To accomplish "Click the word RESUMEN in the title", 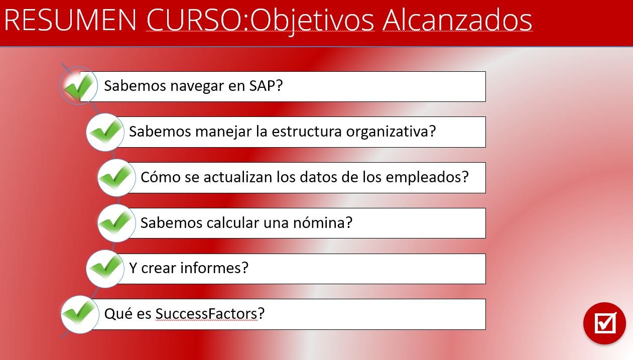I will [x=70, y=21].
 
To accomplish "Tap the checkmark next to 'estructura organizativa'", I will [x=105, y=132].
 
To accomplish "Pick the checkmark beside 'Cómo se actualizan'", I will [x=116, y=177].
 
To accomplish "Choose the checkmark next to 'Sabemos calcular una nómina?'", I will [x=116, y=223].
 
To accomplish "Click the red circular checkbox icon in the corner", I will [x=604, y=323].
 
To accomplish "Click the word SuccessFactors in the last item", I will [x=206, y=314].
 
